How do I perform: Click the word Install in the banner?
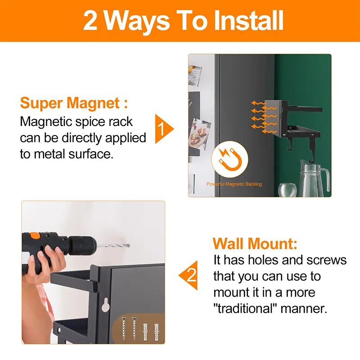coord(249,21)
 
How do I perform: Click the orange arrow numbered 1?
coord(163,129)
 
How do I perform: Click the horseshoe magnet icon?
coord(230,159)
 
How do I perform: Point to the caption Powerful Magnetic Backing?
coord(234,184)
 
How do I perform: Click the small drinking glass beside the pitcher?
coord(287,189)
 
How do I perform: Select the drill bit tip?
coord(129,246)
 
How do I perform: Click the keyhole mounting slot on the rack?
coord(105,305)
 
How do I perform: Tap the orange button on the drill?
coord(35,235)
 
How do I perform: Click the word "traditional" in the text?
coord(245,308)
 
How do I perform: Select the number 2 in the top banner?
coord(90,21)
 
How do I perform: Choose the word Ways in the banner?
coord(137,22)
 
